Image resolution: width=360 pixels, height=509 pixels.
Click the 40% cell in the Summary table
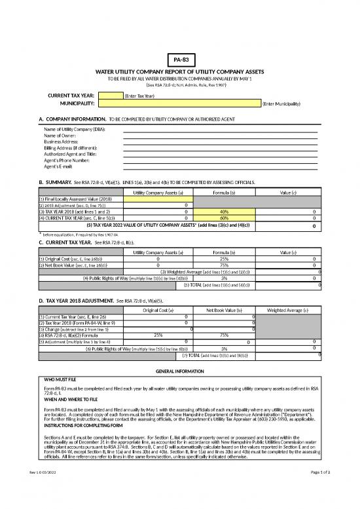[x=223, y=212]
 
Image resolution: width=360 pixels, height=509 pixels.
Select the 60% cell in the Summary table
[x=223, y=218]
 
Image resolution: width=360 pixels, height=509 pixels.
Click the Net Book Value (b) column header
[x=224, y=310]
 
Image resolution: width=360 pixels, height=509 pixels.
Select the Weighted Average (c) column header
[x=289, y=310]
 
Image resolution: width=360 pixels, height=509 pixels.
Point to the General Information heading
[x=179, y=371]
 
